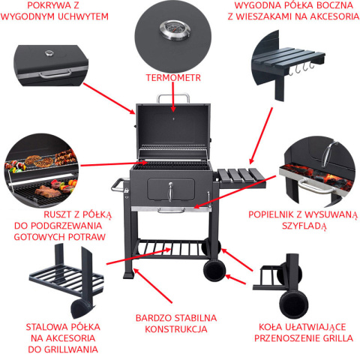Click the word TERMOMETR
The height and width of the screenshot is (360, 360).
click(173, 78)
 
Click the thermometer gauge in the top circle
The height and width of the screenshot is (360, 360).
click(175, 30)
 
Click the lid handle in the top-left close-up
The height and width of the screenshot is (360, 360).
click(55, 74)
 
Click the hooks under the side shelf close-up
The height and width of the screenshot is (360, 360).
click(301, 68)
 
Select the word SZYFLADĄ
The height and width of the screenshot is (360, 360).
click(304, 226)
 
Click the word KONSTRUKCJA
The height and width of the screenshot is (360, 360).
click(176, 329)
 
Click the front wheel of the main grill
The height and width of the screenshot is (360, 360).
click(214, 271)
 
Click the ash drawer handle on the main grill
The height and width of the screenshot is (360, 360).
click(171, 211)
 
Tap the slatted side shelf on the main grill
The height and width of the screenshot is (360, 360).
click(241, 175)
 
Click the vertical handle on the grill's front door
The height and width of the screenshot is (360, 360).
click(170, 192)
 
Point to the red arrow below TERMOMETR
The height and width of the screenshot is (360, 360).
click(173, 97)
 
